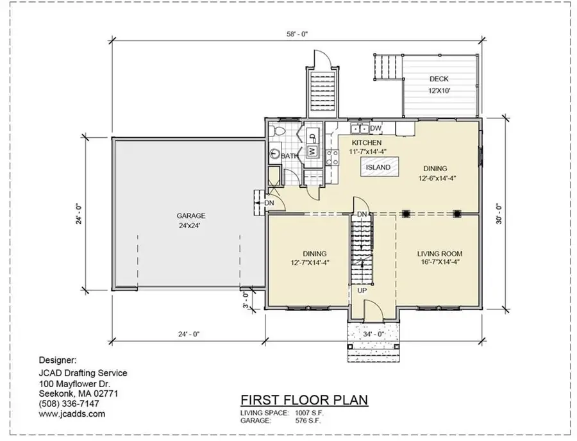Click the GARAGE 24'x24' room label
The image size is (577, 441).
coord(191,220)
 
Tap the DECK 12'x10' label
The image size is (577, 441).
coord(439,85)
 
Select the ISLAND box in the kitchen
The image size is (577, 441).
coord(378,168)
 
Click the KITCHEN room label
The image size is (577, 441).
coord(366,143)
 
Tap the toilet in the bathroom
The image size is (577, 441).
coord(276,131)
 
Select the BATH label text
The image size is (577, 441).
coord(288,156)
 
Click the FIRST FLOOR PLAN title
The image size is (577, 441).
coord(304,400)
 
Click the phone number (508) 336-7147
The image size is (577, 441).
coord(69,403)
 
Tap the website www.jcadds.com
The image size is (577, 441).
coord(72,414)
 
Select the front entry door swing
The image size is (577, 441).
coord(373,310)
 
